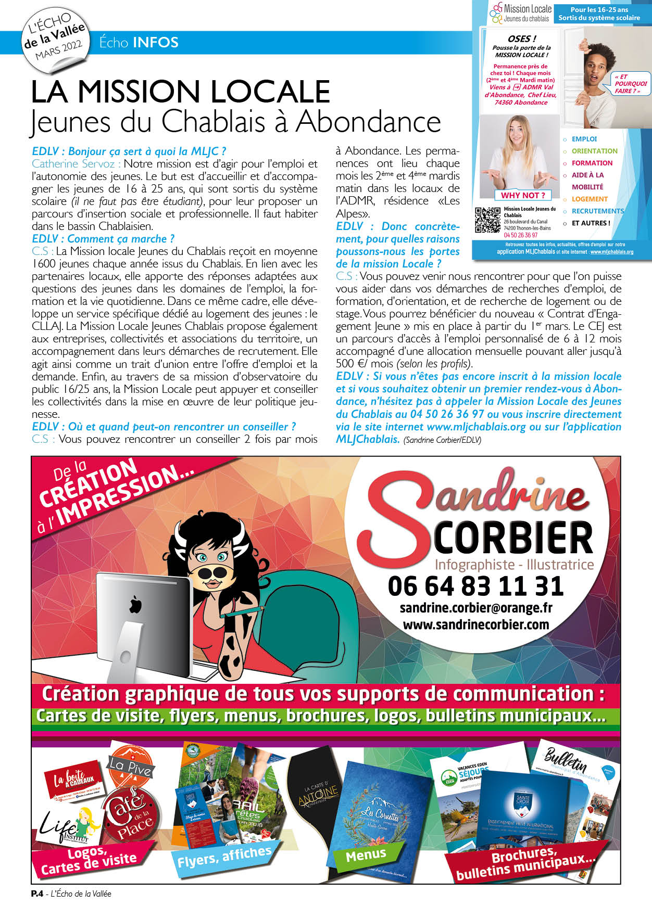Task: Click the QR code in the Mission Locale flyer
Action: coord(488,220)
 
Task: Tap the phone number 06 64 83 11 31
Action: coord(475,586)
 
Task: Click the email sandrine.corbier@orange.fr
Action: coord(475,608)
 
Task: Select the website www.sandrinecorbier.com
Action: coord(475,624)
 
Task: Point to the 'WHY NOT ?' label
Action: coord(523,195)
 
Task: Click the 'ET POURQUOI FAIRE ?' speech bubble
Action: coord(630,84)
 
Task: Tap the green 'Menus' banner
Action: coord(366,854)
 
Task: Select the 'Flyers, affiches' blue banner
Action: coord(224,857)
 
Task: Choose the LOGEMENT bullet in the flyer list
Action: coord(590,199)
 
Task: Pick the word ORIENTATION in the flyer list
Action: coord(594,151)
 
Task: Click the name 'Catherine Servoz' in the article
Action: coord(73,163)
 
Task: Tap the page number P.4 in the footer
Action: coord(37,894)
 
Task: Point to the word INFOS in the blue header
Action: coord(155,42)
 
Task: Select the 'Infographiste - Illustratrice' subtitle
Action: coord(514,565)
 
